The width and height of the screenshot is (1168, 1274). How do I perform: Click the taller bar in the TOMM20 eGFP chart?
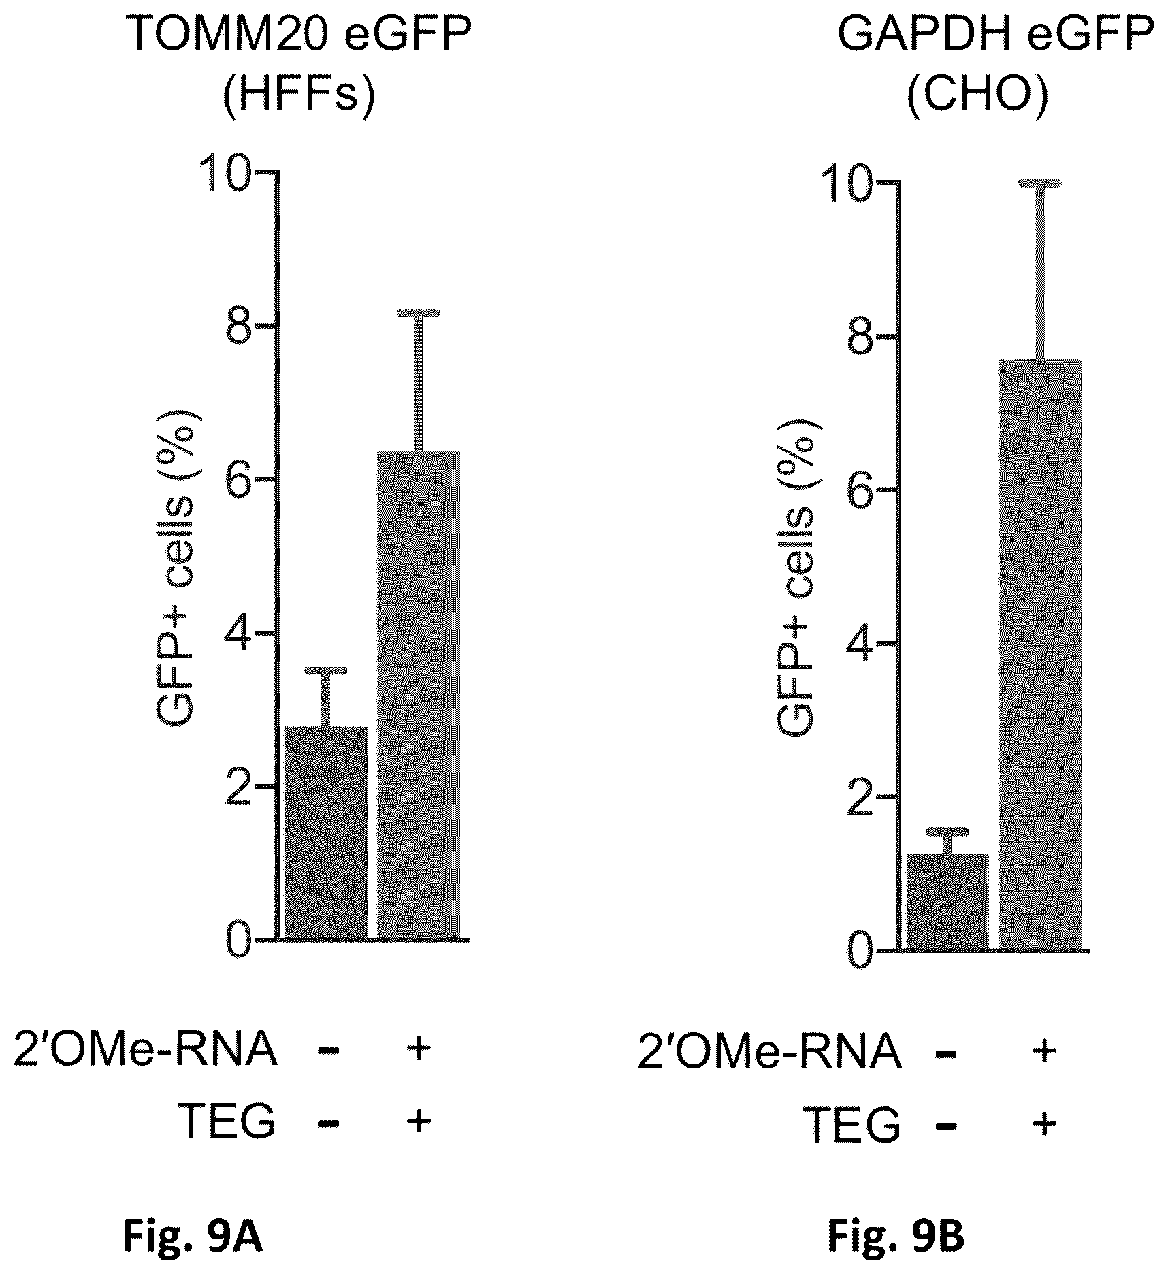click(x=419, y=696)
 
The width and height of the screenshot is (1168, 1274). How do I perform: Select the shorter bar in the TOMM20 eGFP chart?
click(x=326, y=833)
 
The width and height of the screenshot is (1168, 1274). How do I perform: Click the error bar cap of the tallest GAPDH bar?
click(x=1039, y=183)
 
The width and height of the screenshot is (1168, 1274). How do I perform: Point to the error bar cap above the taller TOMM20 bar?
click(x=419, y=313)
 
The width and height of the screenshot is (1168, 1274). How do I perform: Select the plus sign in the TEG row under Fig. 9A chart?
click(x=419, y=1121)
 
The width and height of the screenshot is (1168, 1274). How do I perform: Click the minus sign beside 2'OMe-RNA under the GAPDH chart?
click(x=947, y=1054)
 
